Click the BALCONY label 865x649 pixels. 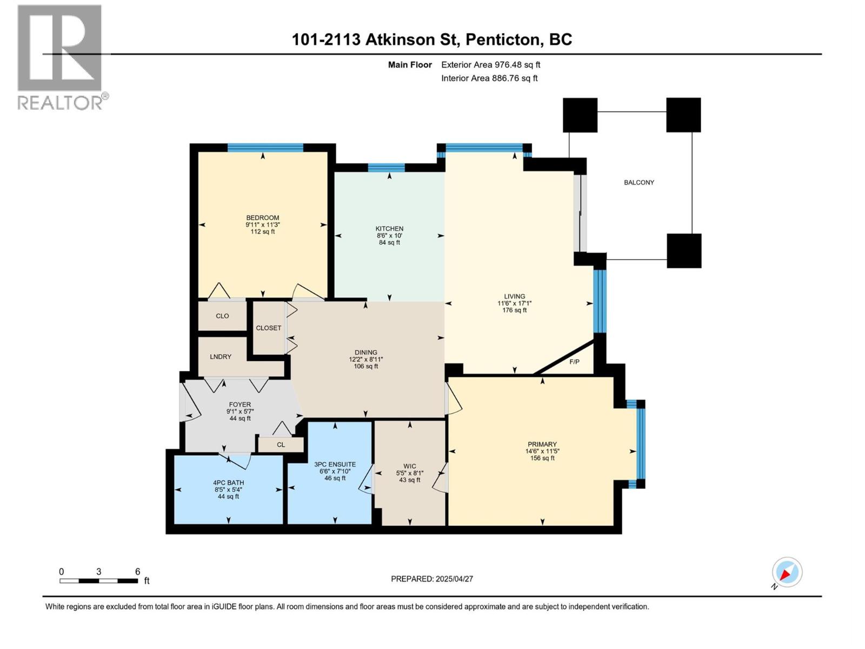click(639, 182)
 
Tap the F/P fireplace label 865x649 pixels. click(574, 361)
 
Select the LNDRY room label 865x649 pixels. click(220, 356)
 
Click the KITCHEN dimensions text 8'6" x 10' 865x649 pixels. click(389, 236)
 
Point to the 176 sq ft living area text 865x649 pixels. click(514, 310)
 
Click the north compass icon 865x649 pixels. click(787, 572)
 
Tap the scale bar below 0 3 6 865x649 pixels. click(98, 581)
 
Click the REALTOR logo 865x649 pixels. click(60, 57)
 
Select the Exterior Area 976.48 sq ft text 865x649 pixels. click(490, 65)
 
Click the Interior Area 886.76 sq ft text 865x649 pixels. click(489, 78)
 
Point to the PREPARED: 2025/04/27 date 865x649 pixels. click(432, 579)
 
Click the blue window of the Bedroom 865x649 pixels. click(265, 147)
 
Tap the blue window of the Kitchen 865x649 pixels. click(386, 167)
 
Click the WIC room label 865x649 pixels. click(409, 466)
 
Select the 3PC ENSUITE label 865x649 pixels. click(335, 464)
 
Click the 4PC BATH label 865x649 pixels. click(228, 482)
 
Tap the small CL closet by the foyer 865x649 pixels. click(281, 445)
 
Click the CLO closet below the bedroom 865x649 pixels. click(222, 316)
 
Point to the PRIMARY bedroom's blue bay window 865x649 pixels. click(641, 443)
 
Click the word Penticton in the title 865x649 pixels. click(503, 39)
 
